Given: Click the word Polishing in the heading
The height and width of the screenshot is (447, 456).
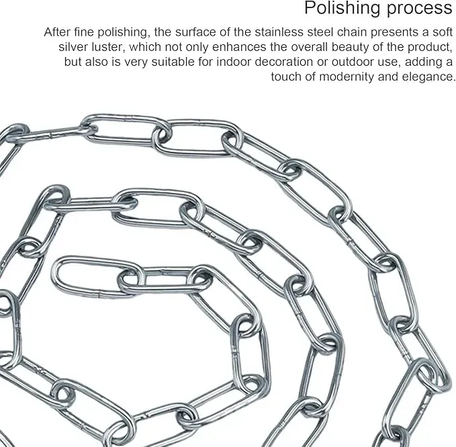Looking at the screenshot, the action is (x=343, y=8).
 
